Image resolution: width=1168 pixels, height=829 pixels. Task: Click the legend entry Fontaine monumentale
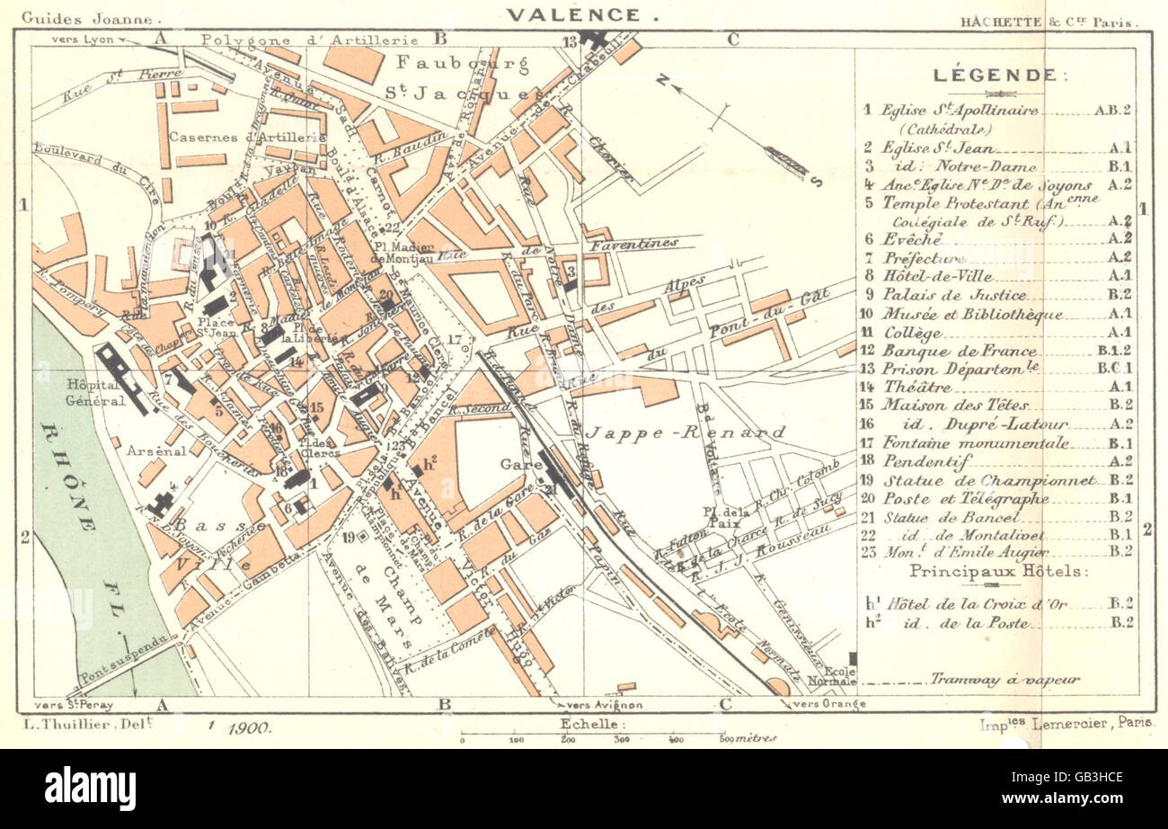tap(976, 442)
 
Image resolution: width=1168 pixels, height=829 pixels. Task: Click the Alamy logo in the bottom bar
tap(90, 789)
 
